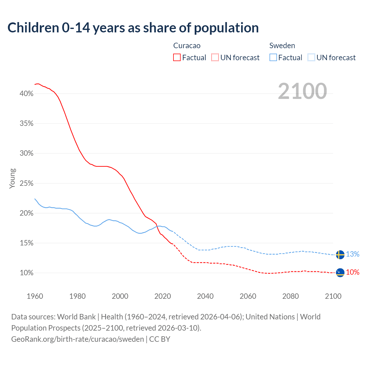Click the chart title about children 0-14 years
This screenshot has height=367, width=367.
click(133, 28)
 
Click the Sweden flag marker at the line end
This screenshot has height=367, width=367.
click(340, 255)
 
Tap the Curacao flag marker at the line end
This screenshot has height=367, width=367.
click(340, 272)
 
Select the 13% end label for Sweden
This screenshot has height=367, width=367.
click(353, 254)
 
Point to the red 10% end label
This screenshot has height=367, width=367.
click(353, 272)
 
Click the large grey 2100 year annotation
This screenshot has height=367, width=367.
click(302, 91)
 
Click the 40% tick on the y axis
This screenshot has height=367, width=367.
click(27, 94)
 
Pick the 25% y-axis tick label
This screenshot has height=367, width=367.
click(27, 183)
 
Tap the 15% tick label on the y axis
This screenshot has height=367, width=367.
click(27, 243)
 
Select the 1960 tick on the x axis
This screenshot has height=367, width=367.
click(35, 296)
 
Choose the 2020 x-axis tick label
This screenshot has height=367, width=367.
click(163, 296)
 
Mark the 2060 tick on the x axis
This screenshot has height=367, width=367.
click(248, 296)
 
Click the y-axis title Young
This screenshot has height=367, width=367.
click(12, 178)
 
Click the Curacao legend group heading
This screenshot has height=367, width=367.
click(187, 46)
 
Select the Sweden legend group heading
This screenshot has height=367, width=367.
click(282, 46)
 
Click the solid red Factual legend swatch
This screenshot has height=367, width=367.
click(177, 58)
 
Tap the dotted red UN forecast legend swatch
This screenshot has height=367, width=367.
click(215, 58)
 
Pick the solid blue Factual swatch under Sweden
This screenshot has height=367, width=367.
click(273, 58)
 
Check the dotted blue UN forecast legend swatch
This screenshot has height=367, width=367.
click(311, 58)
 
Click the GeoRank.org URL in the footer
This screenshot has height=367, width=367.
click(77, 339)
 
